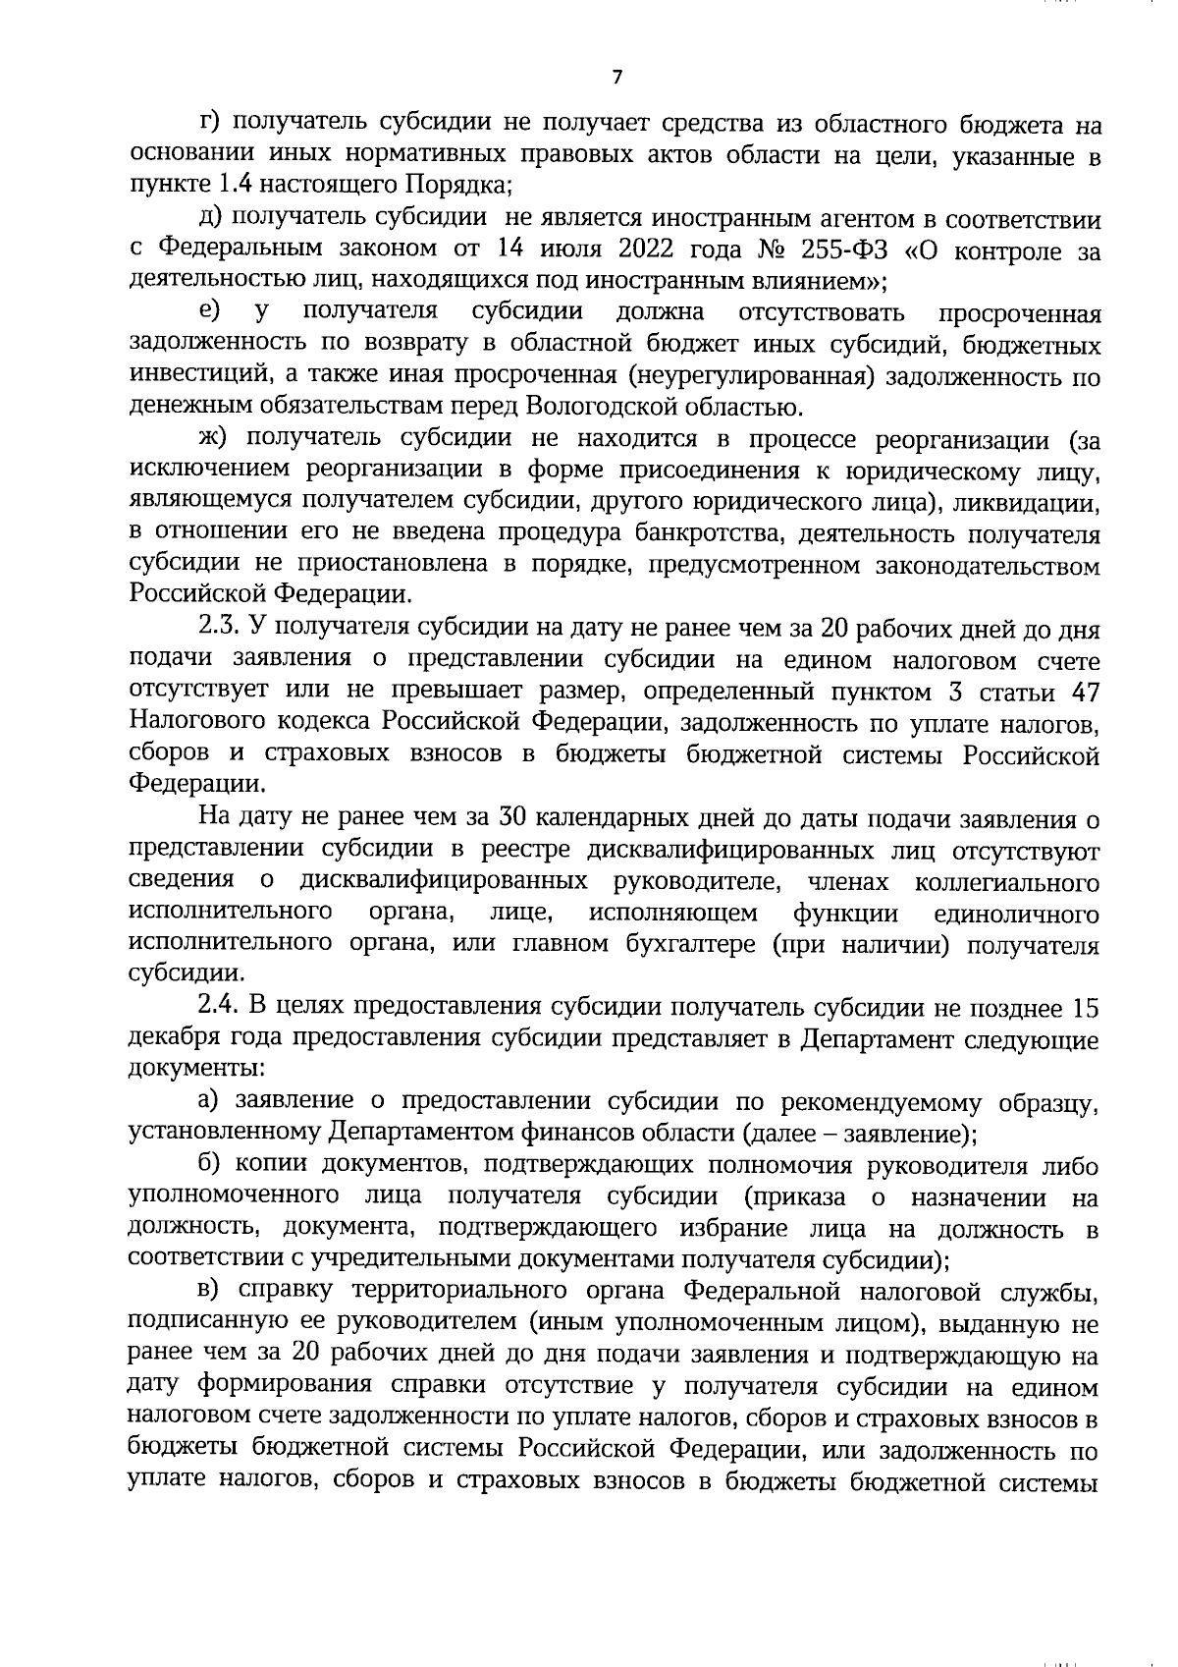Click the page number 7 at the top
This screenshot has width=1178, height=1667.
[616, 78]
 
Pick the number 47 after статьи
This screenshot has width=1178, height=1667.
[1080, 692]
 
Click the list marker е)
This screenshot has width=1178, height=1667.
[208, 313]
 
